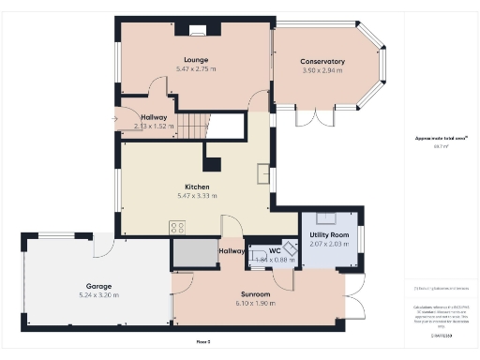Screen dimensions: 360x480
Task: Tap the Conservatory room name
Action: [322, 62]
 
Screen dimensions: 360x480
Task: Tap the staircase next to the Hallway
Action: [194, 124]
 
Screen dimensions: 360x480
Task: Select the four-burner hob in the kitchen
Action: [176, 227]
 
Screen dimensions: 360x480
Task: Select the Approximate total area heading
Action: [434, 138]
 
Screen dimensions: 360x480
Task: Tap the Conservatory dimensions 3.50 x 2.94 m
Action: [322, 70]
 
